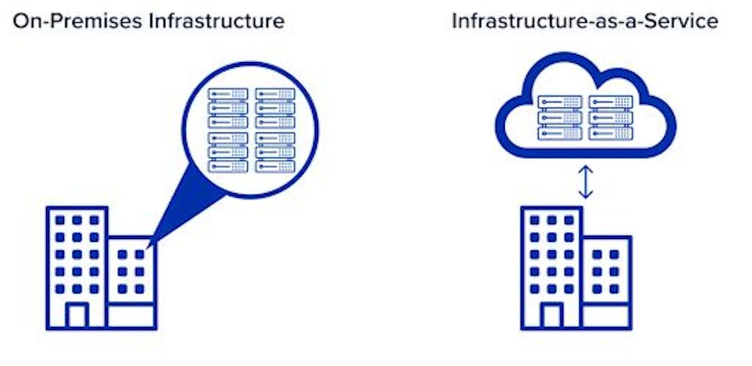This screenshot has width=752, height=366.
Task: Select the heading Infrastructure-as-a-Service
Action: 585,20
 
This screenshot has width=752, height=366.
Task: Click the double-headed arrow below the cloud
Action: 586,182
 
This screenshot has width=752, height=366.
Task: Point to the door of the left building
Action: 76,315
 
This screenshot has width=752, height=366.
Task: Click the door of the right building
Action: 551,315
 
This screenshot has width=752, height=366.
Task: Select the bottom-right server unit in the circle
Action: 275,167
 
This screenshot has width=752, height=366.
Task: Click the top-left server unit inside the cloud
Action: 559,102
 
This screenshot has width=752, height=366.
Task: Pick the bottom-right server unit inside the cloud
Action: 611,132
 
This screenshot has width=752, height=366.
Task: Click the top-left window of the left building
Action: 60,220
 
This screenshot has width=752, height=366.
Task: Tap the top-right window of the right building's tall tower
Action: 569,220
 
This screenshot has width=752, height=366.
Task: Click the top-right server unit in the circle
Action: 275,94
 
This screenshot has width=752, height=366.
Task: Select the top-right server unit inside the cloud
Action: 611,102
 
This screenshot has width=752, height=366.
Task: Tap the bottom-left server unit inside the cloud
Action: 559,132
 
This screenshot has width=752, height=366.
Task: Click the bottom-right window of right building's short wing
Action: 614,289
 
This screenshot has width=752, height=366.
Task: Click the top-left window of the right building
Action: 535,220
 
